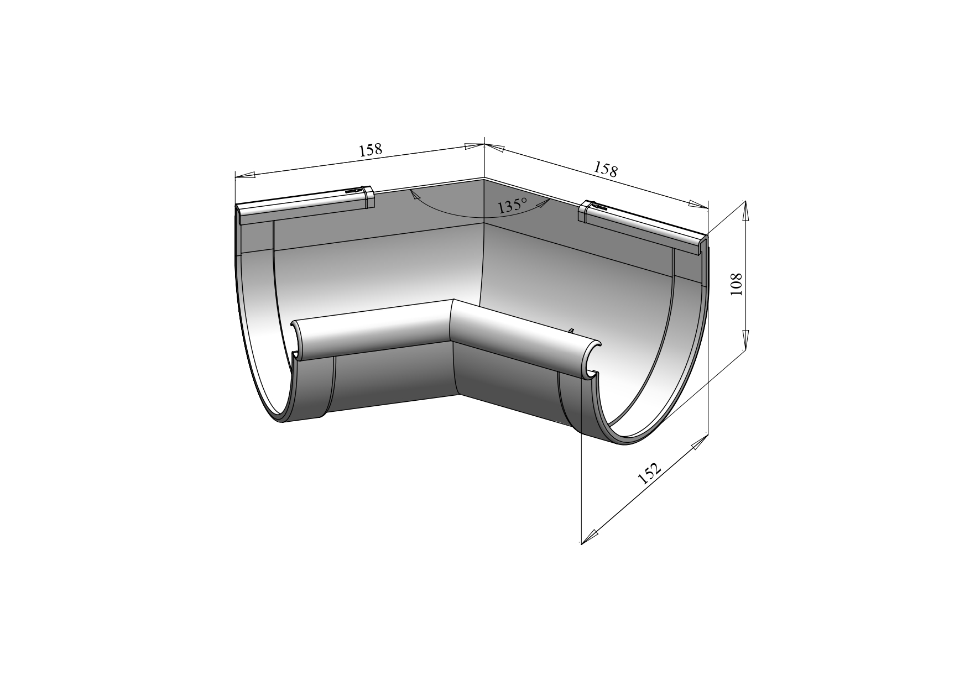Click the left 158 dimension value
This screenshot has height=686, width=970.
371,150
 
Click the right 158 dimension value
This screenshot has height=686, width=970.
606,169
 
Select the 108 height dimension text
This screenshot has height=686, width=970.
737,284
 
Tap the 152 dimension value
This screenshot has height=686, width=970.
649,474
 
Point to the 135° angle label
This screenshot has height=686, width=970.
512,206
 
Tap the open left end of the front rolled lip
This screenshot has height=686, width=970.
298,341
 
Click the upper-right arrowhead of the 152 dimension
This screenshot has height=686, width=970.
700,442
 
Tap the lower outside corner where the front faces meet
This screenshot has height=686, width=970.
458,395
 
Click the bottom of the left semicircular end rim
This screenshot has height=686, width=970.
282,421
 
